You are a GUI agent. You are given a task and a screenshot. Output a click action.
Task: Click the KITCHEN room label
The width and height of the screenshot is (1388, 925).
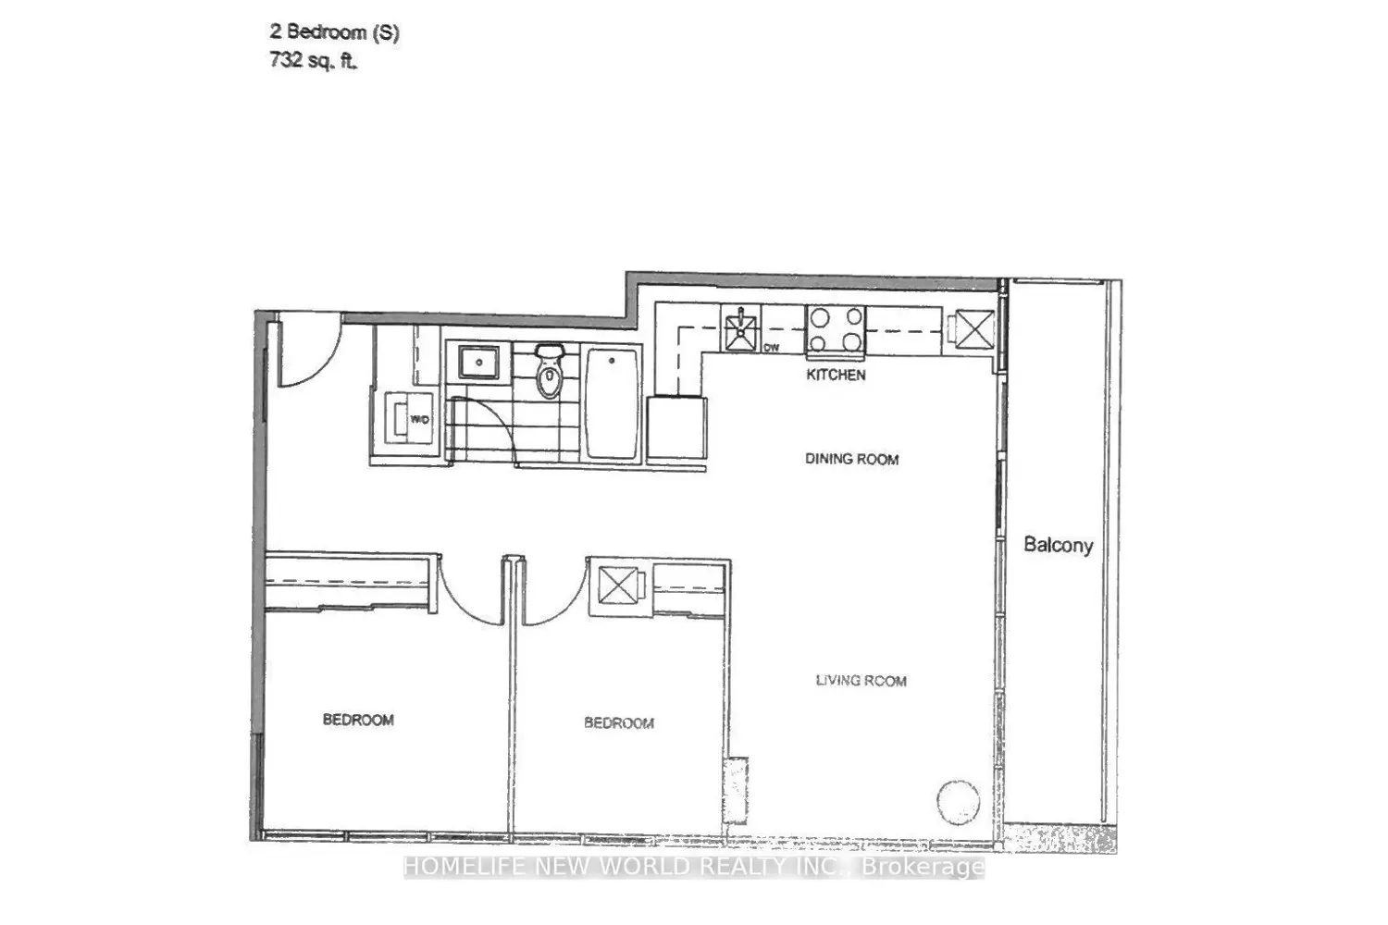point(836,375)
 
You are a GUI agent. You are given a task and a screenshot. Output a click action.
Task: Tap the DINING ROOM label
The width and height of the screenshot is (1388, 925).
point(851,459)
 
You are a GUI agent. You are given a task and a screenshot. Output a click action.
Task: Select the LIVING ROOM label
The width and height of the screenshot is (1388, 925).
point(861,681)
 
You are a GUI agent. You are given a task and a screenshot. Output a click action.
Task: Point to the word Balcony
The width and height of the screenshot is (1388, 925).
point(1058,545)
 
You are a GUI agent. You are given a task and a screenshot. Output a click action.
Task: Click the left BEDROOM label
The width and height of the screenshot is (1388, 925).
point(358,720)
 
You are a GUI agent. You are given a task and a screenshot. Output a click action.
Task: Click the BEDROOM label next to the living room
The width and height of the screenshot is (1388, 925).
point(618,722)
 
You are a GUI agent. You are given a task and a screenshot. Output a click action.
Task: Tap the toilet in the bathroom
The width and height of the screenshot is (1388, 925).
point(549,371)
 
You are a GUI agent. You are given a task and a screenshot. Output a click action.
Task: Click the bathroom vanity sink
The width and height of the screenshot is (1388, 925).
point(479,363)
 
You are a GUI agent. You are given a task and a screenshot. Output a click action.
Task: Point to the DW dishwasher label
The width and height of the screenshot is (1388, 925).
point(771,348)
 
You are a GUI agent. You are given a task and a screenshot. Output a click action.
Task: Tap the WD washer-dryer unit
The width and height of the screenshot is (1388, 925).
point(408,418)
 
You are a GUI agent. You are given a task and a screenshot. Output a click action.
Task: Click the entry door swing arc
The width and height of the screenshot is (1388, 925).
point(328,364)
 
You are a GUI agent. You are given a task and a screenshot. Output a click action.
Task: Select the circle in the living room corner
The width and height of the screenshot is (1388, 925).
point(959,802)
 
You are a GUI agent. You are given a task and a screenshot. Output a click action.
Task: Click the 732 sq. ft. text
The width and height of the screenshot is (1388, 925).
point(313,61)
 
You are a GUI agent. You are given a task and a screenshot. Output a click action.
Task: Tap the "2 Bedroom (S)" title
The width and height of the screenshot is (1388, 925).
point(335,32)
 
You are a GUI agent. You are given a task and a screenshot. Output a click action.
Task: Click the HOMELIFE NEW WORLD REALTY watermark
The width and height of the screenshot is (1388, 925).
point(694,867)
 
